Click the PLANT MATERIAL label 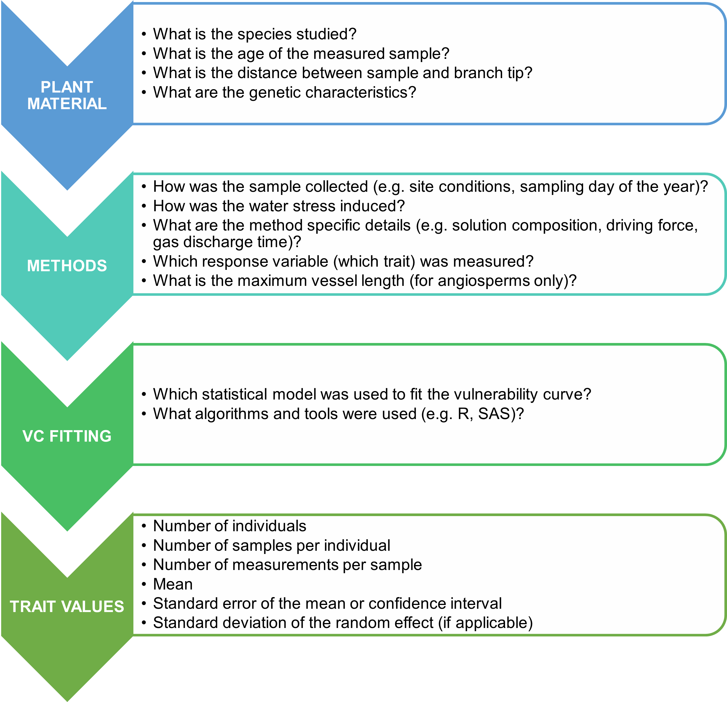[67, 95]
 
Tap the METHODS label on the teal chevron [67, 266]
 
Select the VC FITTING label [67, 436]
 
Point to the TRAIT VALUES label [67, 606]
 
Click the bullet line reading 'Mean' [173, 584]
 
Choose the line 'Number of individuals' [230, 526]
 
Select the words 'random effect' [380, 623]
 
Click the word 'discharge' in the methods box [221, 242]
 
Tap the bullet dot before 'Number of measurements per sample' [144, 565]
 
